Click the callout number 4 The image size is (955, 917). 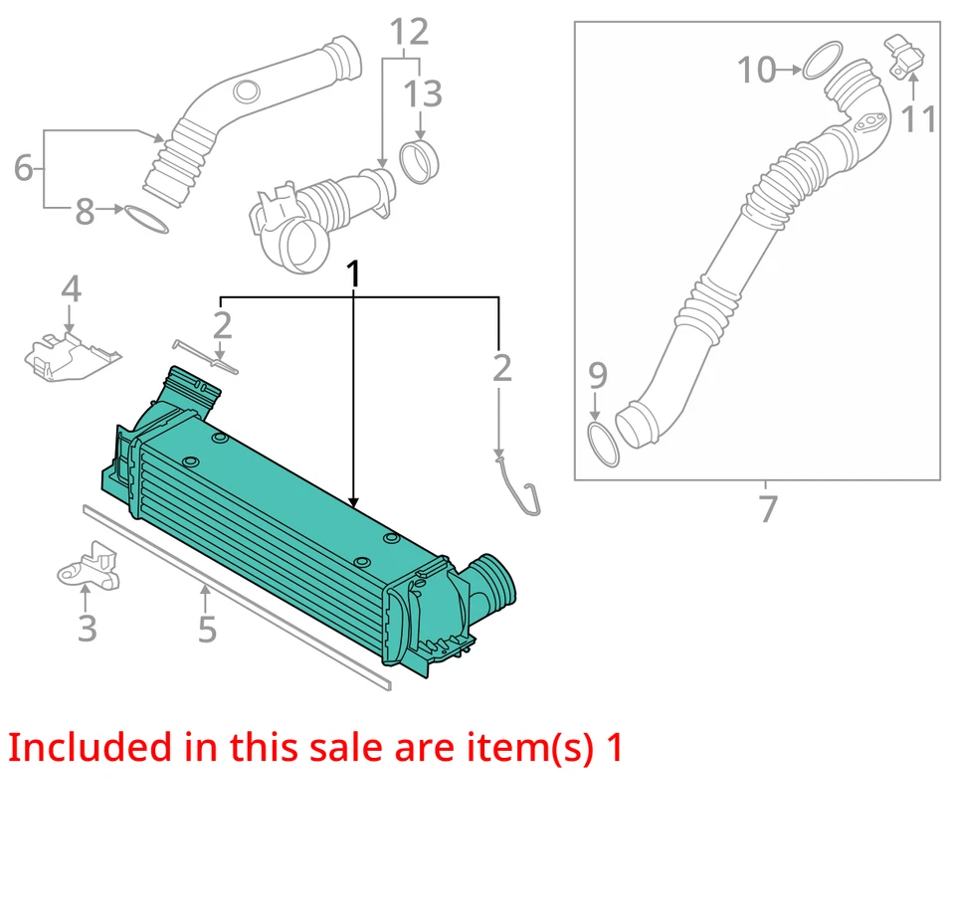click(70, 290)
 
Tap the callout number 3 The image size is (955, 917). click(87, 628)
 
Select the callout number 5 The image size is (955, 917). click(206, 628)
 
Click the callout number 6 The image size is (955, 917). click(23, 168)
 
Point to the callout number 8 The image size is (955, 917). click(85, 211)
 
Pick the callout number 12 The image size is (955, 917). click(408, 32)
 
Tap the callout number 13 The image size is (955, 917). click(422, 95)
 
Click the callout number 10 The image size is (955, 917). click(756, 70)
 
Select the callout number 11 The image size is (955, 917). click(918, 118)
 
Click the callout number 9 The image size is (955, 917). click(596, 375)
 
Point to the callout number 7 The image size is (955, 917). click(767, 509)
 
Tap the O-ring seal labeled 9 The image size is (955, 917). click(602, 444)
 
